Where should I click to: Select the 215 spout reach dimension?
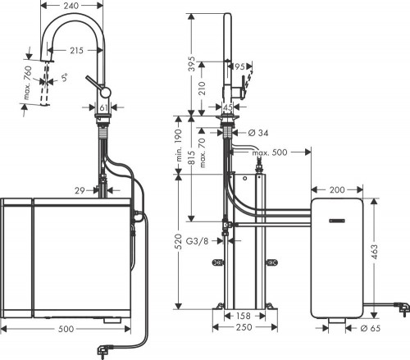75,51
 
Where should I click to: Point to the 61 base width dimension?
104,107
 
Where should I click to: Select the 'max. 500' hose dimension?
269,153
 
